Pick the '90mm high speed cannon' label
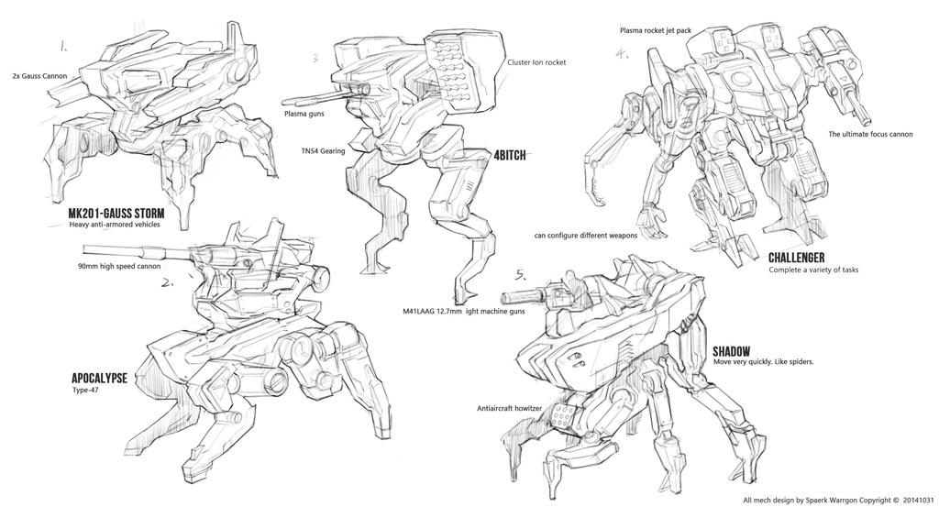click(119, 267)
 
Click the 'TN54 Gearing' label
click(323, 150)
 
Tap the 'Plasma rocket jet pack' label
click(655, 30)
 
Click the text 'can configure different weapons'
click(599, 235)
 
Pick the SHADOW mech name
click(732, 350)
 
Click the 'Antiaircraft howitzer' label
click(511, 408)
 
